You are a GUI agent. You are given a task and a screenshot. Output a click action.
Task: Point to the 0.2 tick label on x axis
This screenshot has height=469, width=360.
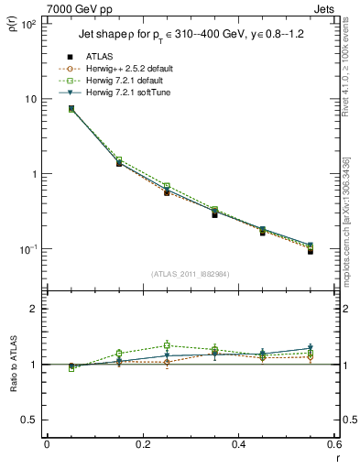142,444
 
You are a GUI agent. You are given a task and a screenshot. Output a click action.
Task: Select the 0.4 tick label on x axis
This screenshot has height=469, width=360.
238,444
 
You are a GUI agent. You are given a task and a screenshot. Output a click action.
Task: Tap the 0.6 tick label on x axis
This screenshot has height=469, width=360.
333,444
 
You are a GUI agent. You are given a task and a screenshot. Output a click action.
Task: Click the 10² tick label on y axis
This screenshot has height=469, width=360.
29,24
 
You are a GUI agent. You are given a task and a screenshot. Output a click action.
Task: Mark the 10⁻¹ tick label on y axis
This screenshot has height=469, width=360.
29,249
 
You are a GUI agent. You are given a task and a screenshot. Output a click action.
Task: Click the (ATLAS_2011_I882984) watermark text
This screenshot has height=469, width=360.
190,274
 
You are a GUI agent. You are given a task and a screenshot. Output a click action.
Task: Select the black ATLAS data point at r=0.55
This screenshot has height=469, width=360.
311,250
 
